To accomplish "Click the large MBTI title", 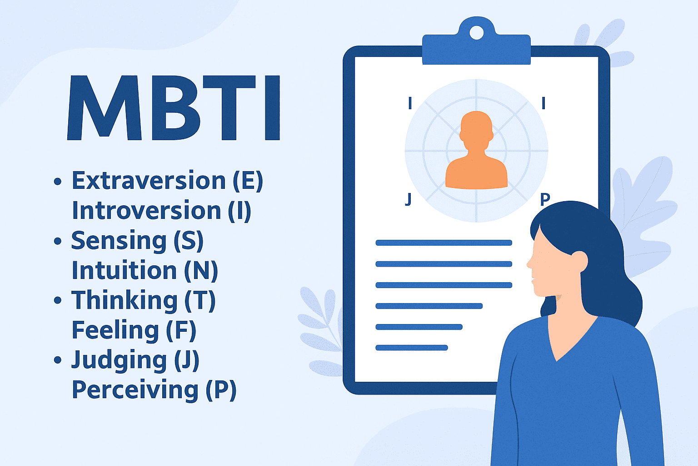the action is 174,108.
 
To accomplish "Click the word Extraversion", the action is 149,180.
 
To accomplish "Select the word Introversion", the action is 146,210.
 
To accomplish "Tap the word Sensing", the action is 119,241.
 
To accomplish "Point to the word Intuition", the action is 125,270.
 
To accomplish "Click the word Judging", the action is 119,361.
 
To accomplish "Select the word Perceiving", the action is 135,390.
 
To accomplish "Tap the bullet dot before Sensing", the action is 58,241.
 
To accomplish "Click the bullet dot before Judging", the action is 58,360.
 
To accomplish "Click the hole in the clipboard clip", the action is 476,32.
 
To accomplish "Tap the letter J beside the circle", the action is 409,199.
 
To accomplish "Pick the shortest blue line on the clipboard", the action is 412,348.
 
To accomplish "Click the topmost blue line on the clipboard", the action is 444,243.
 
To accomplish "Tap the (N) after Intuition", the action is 201,271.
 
